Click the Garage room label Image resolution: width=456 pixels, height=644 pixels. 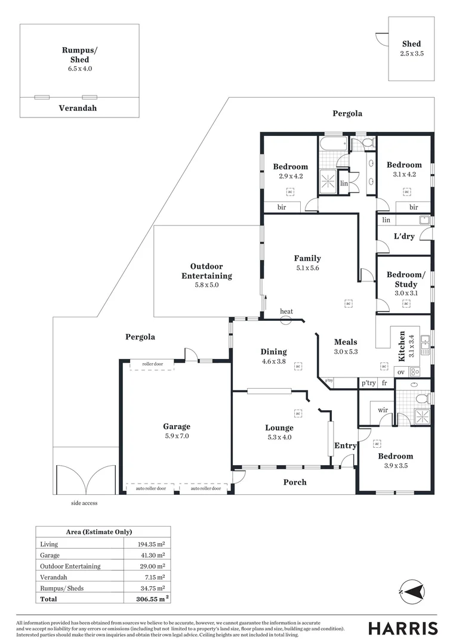point(177,426)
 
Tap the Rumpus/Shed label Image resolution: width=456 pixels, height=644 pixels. point(79,55)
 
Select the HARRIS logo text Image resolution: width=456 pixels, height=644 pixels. point(403,628)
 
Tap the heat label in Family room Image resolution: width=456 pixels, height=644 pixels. point(286,312)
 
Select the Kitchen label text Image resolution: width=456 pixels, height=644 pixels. point(402,346)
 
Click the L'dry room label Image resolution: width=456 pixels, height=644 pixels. point(404,236)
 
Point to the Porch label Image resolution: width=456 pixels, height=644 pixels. point(295,482)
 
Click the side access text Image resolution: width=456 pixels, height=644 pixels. point(84,503)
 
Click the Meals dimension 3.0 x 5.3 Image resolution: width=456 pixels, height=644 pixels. point(346,352)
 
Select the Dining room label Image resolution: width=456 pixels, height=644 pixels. point(273,352)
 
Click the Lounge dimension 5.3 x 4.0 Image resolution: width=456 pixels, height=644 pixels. point(279,436)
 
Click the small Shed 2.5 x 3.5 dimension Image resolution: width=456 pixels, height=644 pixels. point(411,53)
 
